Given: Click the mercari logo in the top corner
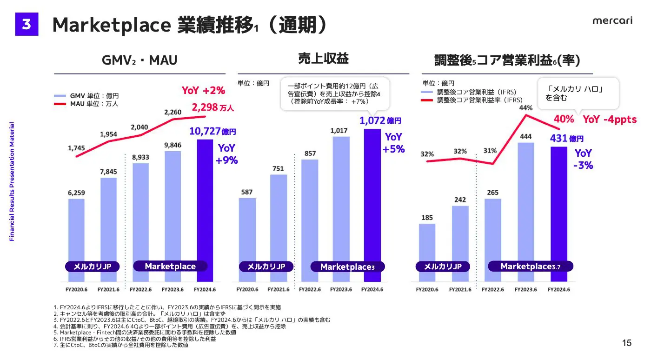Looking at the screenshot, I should coord(612,21).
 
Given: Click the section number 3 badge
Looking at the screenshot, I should coord(27,24).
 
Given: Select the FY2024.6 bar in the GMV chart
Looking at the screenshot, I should coord(205,209).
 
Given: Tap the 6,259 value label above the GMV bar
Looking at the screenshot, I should coord(77,193).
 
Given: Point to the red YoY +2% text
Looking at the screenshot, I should coord(203,90).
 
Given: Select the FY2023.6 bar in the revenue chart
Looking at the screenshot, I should coord(341,209).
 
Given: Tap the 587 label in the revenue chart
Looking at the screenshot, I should coord(247,192).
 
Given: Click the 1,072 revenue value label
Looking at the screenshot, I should coord(373,121).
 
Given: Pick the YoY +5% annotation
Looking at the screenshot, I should coord(393,143).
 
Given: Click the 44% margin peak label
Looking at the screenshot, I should coord(525,108).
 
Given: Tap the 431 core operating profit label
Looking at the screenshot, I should coord(560,139).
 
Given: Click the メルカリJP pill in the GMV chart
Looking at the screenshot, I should coord(92,267).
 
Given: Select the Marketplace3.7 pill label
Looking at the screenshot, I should coord(530,267).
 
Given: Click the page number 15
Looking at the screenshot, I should coord(627,343).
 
